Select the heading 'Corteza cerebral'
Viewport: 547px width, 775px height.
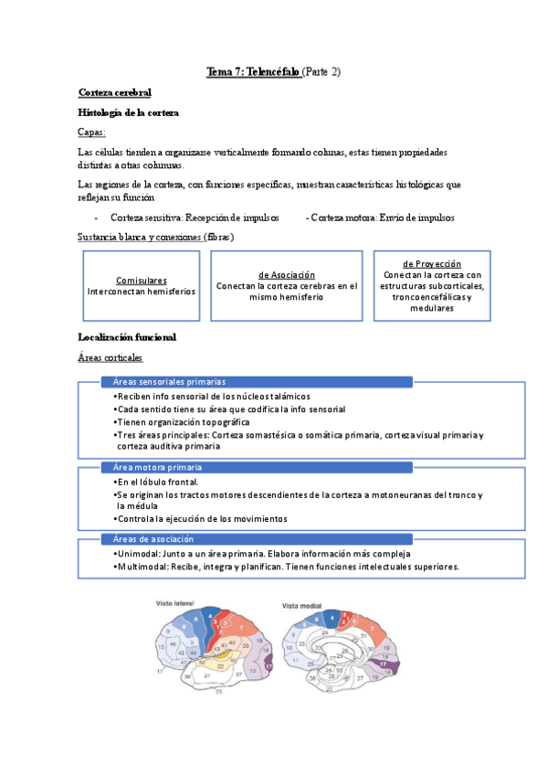click(x=115, y=92)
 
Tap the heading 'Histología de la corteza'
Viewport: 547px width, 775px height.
click(x=129, y=112)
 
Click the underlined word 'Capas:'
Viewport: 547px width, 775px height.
click(x=92, y=133)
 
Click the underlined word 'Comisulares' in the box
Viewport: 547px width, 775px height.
click(x=142, y=281)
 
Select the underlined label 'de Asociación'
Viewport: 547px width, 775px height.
click(x=287, y=274)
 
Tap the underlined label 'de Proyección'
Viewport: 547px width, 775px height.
click(x=432, y=263)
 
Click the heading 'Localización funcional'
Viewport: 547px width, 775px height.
click(x=128, y=337)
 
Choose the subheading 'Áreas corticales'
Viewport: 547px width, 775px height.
click(x=110, y=357)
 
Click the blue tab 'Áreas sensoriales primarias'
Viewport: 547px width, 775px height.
click(x=170, y=381)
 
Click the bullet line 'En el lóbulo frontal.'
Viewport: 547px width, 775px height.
click(x=157, y=481)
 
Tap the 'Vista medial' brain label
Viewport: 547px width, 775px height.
click(x=302, y=605)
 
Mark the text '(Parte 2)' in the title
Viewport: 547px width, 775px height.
click(x=321, y=71)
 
